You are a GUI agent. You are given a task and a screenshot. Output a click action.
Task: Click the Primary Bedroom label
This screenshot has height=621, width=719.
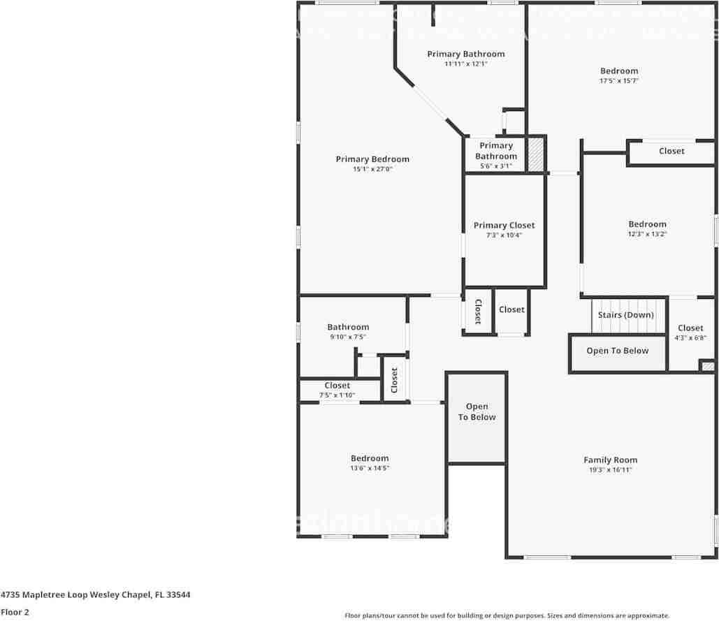coord(372,159)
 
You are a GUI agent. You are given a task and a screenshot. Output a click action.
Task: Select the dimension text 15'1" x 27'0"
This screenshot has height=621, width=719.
coord(372,169)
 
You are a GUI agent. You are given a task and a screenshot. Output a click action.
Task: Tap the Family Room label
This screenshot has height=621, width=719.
coord(611,460)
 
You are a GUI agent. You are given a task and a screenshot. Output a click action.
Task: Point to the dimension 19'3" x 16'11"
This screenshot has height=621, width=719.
coord(611,470)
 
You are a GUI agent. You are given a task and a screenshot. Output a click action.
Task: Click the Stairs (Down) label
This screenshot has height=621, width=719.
coord(625,315)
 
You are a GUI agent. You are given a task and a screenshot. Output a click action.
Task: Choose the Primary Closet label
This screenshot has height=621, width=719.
coord(504,225)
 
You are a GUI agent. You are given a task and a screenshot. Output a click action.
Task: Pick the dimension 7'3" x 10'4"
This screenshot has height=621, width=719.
coord(504,235)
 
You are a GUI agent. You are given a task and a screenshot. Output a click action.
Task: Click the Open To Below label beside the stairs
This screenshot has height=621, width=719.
coord(617,351)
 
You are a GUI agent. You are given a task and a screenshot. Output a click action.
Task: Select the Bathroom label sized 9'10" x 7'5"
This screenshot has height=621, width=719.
coord(348,327)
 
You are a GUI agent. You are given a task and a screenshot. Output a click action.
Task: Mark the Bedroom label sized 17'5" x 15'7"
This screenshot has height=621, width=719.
coord(619,71)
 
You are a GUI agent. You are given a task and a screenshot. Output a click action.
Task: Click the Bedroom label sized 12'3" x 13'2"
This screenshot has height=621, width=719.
coord(647,224)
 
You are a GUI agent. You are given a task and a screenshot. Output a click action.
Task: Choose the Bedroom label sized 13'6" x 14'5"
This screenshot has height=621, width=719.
coord(370,458)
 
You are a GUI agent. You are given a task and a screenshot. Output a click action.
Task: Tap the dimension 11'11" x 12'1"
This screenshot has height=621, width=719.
coord(465,64)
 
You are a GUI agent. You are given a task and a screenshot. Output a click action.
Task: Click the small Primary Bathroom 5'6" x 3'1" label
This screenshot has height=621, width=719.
coord(496,151)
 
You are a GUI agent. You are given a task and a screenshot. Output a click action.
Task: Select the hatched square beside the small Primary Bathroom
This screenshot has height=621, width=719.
coord(535,154)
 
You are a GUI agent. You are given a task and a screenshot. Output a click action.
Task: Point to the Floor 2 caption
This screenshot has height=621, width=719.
coord(15,613)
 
